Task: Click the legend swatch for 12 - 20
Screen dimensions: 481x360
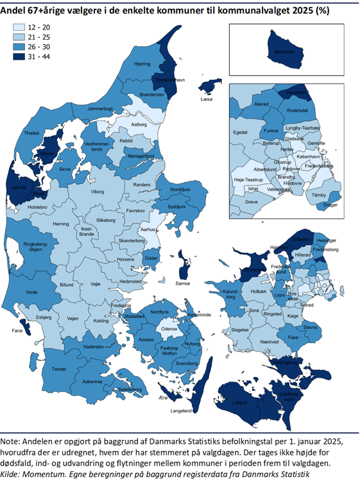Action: (x=19, y=28)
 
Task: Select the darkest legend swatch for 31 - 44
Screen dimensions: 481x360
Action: (x=19, y=56)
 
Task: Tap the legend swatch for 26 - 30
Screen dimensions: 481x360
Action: (x=19, y=47)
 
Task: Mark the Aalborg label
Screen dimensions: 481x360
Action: (x=139, y=124)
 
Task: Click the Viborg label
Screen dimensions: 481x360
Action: (x=97, y=191)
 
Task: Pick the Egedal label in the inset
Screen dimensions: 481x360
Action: (x=241, y=132)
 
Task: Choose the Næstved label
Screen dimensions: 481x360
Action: (x=269, y=342)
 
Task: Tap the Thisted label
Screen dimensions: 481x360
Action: (x=31, y=133)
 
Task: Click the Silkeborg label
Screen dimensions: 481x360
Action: (x=106, y=220)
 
